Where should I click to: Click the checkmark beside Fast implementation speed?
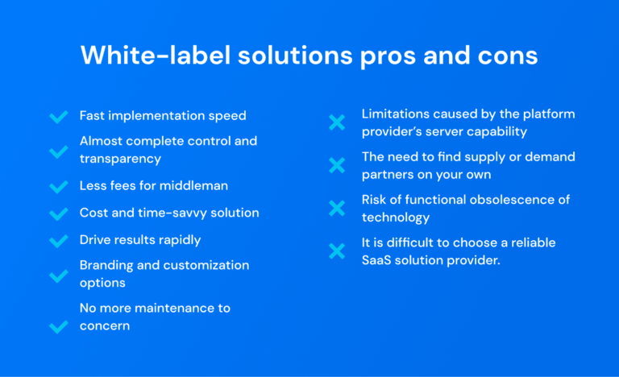58,117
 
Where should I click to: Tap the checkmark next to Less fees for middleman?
58,187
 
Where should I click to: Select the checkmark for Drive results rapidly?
58,241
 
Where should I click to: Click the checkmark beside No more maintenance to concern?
58,326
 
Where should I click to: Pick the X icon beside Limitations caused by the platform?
336,122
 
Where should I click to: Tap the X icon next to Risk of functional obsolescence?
336,208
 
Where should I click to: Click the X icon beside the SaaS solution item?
336,251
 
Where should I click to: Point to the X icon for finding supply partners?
336,165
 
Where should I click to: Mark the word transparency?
120,159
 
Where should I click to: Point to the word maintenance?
175,308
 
